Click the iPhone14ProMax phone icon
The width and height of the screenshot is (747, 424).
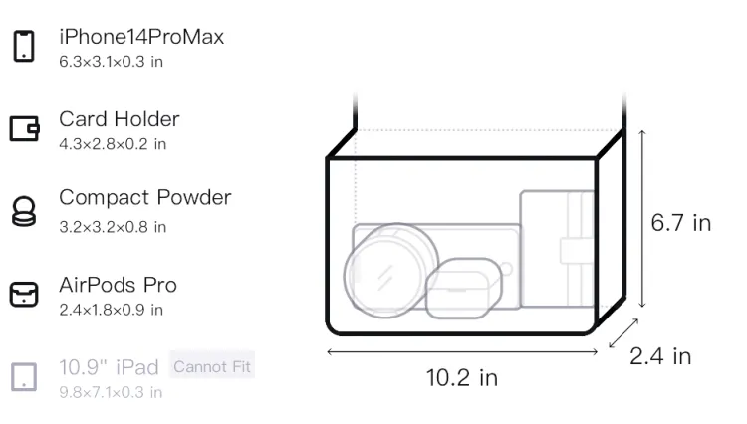pos(24,46)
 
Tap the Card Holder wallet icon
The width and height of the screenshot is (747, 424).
pos(24,128)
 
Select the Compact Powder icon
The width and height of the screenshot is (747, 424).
pos(24,211)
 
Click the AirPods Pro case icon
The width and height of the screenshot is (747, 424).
pos(24,294)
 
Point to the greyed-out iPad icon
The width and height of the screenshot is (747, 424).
pos(24,377)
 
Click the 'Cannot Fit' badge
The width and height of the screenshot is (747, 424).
pos(212,366)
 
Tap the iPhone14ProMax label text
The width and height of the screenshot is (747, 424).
pos(141,37)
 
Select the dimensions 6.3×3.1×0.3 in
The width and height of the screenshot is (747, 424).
pos(111,62)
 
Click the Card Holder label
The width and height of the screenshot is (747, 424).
pos(120,119)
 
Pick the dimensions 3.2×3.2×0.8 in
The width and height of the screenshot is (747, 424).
pos(113,227)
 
